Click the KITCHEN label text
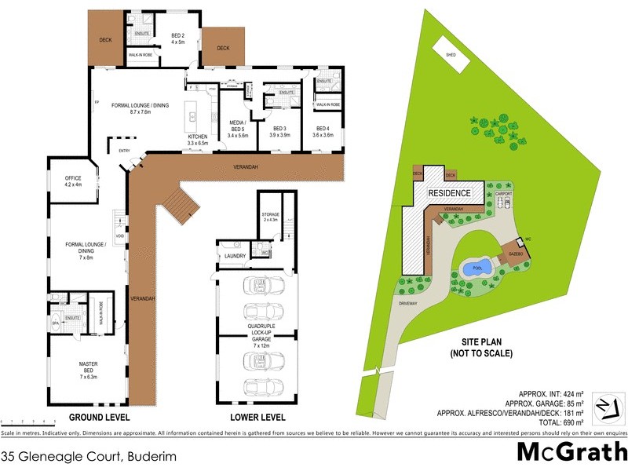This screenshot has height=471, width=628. click(x=197, y=140)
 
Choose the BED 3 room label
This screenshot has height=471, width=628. click(x=280, y=131)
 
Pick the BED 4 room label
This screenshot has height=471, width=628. click(x=323, y=131)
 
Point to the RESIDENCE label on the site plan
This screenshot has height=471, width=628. click(x=449, y=193)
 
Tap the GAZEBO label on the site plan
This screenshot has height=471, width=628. click(x=516, y=256)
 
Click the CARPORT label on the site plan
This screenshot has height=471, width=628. click(x=503, y=192)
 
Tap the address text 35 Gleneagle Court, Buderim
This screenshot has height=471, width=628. click(x=89, y=455)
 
